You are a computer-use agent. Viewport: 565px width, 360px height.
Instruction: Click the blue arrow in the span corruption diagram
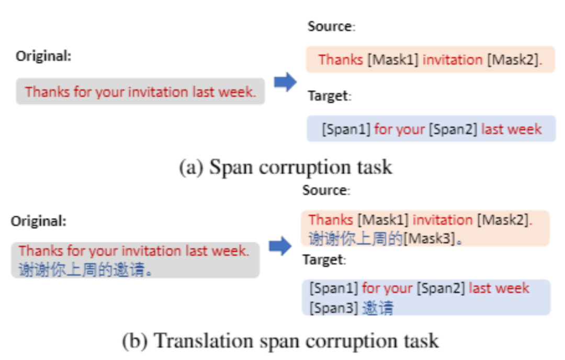[x=285, y=82]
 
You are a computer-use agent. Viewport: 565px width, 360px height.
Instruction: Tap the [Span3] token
[x=333, y=308]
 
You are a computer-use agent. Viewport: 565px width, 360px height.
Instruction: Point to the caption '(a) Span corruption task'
[x=285, y=167]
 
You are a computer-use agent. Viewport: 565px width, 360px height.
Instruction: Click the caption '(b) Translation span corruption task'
[x=280, y=341]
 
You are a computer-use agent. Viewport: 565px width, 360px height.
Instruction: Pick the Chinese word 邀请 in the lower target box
[x=377, y=308]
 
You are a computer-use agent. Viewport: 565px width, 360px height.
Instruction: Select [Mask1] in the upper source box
[x=393, y=60]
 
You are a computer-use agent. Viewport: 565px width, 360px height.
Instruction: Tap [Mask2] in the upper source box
[x=513, y=60]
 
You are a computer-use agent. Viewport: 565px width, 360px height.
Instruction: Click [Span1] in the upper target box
[x=346, y=129]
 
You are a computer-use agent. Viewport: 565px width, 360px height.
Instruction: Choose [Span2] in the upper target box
[x=453, y=129]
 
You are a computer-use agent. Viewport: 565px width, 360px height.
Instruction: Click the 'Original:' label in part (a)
[x=43, y=56]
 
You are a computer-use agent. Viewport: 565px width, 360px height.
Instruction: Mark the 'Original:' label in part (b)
[x=39, y=221]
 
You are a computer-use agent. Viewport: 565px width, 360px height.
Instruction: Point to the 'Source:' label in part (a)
[x=332, y=27]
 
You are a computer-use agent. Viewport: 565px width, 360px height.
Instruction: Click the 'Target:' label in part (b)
[x=324, y=260]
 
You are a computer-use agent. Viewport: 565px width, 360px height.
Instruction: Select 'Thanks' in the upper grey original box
[x=47, y=92]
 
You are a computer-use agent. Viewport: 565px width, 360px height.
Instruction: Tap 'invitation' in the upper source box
[x=453, y=60]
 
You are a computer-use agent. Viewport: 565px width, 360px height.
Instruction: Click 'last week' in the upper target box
[x=511, y=129]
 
